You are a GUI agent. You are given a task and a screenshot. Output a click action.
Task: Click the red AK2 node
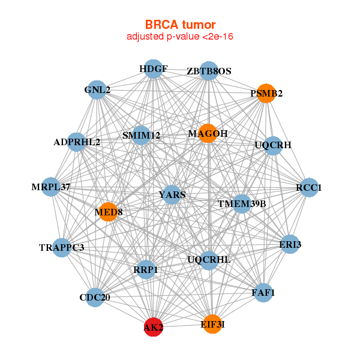click(x=153, y=327)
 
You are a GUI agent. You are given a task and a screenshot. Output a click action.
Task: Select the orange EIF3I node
click(x=211, y=324)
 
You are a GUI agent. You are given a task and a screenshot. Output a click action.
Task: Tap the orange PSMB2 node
click(x=266, y=93)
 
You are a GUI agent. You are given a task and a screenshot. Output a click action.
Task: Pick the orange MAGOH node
click(x=207, y=133)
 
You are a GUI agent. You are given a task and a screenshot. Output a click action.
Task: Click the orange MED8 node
click(x=108, y=212)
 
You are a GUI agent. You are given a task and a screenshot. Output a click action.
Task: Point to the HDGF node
click(x=154, y=69)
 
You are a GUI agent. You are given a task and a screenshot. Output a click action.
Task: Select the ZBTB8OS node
click(x=208, y=71)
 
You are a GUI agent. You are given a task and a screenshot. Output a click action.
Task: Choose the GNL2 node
click(x=98, y=91)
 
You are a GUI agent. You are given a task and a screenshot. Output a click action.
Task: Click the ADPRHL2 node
click(x=77, y=142)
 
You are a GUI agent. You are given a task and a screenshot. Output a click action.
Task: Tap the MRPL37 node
click(x=52, y=187)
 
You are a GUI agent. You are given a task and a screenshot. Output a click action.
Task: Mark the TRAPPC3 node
click(x=62, y=247)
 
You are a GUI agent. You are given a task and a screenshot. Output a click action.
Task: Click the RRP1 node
click(x=146, y=270)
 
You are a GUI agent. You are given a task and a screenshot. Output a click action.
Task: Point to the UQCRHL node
click(x=208, y=260)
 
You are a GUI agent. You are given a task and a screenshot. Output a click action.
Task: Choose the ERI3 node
click(x=290, y=244)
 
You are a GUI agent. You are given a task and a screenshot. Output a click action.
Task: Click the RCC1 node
click(x=308, y=188)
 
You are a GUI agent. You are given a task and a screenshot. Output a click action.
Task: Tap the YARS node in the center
click(x=172, y=194)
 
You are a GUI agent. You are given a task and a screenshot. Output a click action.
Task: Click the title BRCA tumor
click(x=180, y=25)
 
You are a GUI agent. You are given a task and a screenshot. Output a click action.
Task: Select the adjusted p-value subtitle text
click(x=180, y=37)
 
